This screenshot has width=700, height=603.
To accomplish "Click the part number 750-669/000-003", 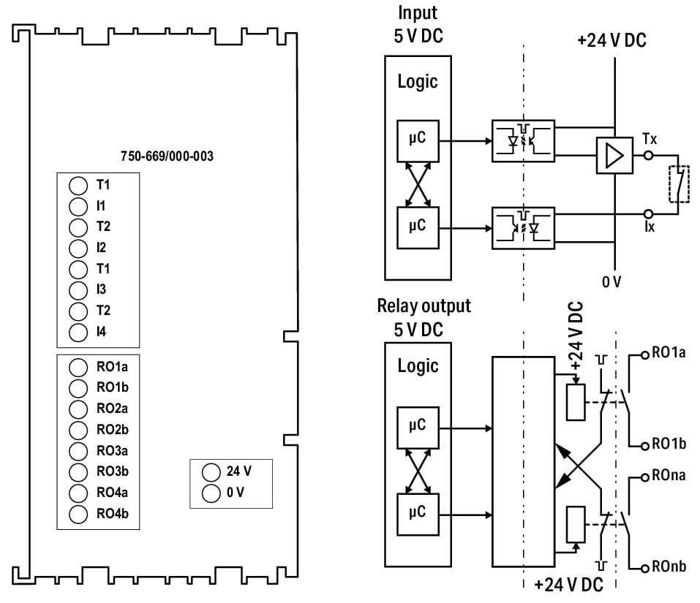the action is coord(167,156).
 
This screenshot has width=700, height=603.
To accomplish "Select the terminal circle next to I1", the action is coord(78,207).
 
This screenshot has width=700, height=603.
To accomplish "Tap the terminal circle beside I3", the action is coord(78,290).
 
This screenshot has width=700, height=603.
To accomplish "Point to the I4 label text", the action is coord(102,331).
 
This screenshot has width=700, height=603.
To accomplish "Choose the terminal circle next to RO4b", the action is coord(78,514).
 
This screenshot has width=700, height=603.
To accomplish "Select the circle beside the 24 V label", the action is coord(211,472).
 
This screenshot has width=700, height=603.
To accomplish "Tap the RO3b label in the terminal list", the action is coord(113,471).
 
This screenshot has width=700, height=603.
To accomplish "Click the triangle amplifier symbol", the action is coord(614,156).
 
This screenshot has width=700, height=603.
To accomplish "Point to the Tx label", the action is coord(650,139).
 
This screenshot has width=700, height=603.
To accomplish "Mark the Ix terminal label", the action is coord(650,227).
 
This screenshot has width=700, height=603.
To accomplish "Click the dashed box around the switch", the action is coord(679,183).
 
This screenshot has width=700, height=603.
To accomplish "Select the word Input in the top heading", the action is coord(418,13).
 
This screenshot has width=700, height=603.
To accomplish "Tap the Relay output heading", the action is coord(424,306).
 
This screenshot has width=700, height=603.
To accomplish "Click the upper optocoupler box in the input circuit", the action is coord(523,141).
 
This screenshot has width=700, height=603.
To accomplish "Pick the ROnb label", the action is coord(669,566).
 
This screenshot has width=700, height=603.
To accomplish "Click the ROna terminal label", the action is coord(669,475).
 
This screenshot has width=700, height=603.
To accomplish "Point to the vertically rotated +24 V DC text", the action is coord(576,335).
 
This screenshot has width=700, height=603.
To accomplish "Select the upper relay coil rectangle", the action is coord(576,402).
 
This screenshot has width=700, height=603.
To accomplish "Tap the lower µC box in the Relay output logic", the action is coord(418,515).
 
